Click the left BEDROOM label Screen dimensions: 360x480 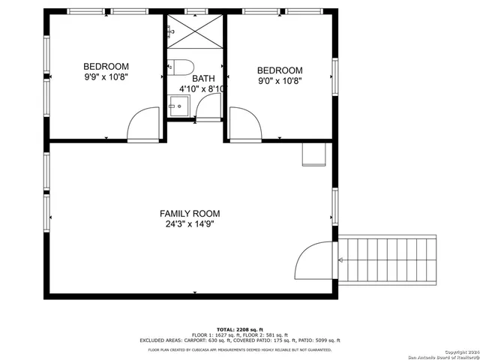point(106,66)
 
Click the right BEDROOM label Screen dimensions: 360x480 point(280,71)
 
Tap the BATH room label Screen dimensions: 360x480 point(203,79)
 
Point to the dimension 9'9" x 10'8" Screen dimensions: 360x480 point(106,76)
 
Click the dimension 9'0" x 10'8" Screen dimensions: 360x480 point(280,81)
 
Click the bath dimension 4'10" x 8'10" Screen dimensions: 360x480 point(202,89)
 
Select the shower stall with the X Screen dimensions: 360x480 point(195,34)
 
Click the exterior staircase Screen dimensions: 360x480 point(387,259)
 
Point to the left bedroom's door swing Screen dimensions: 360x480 point(145,124)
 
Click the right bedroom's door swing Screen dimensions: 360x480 point(244,124)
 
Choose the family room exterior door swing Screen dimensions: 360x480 point(314,260)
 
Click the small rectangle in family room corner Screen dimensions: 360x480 point(313,154)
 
